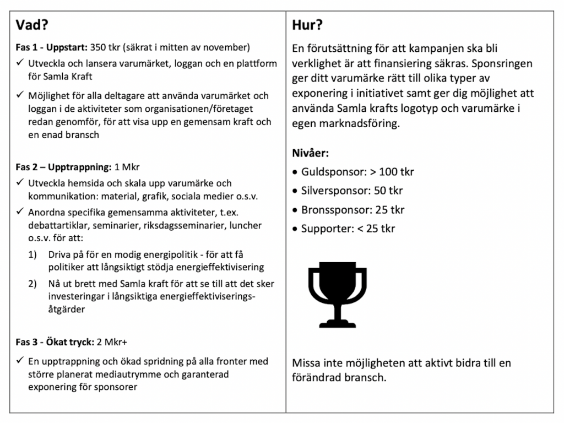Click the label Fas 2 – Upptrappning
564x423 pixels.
click(62, 166)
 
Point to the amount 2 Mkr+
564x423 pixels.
click(112, 342)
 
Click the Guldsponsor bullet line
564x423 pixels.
click(357, 172)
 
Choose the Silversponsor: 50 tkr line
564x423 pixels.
click(351, 191)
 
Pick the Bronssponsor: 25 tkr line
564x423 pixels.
click(353, 210)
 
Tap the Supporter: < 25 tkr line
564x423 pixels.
click(348, 228)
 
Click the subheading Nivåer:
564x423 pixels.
click(311, 153)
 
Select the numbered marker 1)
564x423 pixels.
click(35, 256)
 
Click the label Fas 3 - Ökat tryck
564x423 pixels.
click(54, 342)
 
